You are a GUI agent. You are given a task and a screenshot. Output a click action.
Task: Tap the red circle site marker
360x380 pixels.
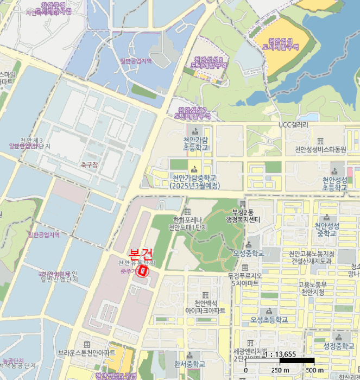click(x=143, y=270)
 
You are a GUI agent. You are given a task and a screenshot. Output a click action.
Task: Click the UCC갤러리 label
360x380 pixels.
click(x=293, y=125)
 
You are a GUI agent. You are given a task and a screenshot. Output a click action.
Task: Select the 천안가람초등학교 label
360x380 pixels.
click(x=195, y=143)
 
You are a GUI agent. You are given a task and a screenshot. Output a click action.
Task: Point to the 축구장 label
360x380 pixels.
click(x=89, y=164)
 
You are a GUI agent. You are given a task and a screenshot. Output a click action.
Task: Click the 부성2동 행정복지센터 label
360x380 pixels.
click(x=243, y=216)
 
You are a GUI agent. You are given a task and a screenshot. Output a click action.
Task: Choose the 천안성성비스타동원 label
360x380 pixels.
click(x=320, y=149)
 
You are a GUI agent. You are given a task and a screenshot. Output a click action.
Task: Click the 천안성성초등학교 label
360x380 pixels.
click(x=334, y=183)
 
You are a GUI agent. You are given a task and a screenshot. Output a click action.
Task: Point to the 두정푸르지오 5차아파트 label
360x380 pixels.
click(x=245, y=279)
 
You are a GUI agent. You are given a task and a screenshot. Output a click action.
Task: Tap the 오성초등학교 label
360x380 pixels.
click(x=269, y=319)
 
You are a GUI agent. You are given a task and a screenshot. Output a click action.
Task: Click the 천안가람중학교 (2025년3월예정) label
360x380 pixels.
click(x=194, y=181)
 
